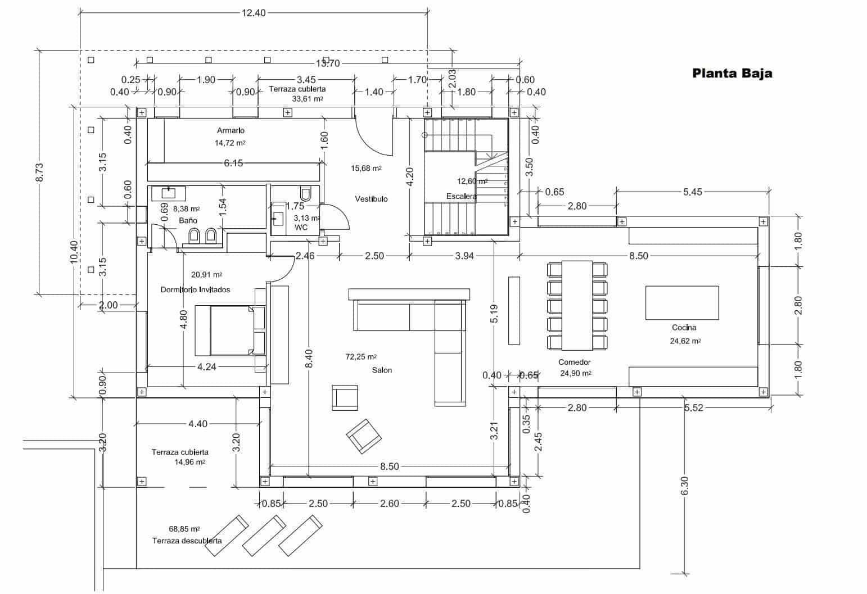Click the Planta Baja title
click(731, 73)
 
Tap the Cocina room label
click(684, 327)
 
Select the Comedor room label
click(574, 362)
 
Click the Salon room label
click(382, 370)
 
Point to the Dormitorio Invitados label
click(195, 290)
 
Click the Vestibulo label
click(371, 199)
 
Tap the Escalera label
click(461, 196)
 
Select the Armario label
click(231, 130)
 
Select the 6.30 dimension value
click(684, 487)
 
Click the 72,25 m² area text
click(360, 357)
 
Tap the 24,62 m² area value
click(684, 341)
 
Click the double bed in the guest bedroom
click(231, 330)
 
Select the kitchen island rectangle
click(681, 303)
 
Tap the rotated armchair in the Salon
click(363, 436)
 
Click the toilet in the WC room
click(306, 194)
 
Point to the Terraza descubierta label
click(187, 541)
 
